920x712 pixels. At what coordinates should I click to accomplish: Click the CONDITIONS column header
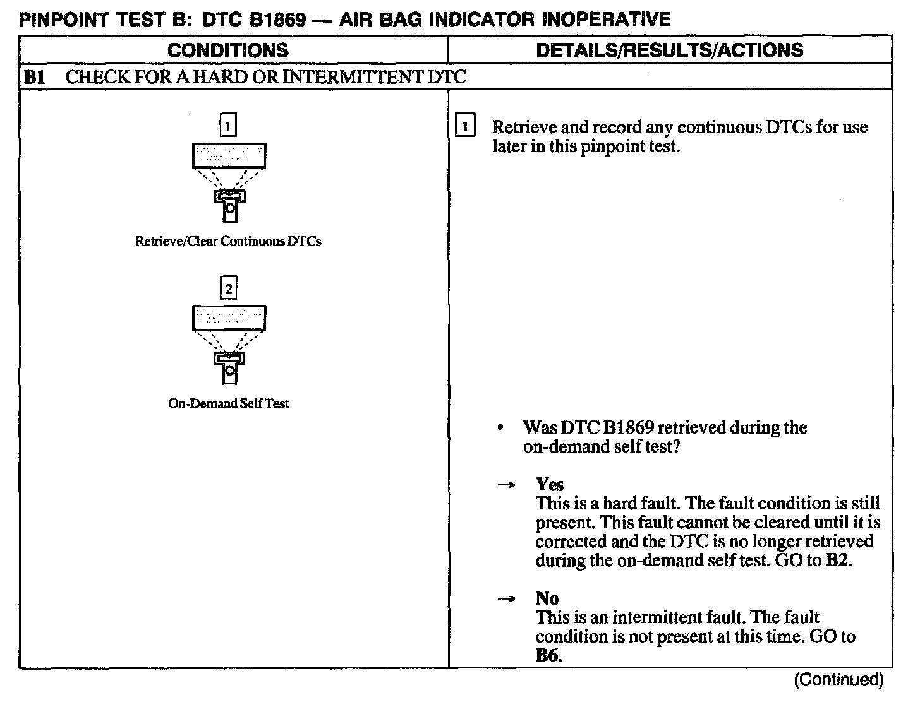click(x=228, y=50)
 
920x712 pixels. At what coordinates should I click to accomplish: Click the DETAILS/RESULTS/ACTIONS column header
click(x=669, y=50)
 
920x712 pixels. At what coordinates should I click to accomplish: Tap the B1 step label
click(x=33, y=78)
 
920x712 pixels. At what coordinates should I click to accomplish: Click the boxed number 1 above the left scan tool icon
click(x=227, y=127)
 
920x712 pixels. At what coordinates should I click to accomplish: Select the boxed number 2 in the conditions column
click(x=228, y=289)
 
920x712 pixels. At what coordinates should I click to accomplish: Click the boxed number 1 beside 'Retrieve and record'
click(x=464, y=127)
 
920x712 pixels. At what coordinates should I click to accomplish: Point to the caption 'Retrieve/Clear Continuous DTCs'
click(x=228, y=241)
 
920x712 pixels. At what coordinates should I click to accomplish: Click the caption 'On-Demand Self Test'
click(x=228, y=403)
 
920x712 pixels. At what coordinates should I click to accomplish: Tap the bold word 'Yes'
click(x=549, y=484)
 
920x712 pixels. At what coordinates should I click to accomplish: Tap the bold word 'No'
click(x=547, y=598)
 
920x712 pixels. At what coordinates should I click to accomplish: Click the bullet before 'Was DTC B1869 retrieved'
click(x=500, y=428)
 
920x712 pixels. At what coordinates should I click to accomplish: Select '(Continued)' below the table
click(x=838, y=680)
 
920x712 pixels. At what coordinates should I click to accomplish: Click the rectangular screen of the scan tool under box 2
click(x=229, y=318)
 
